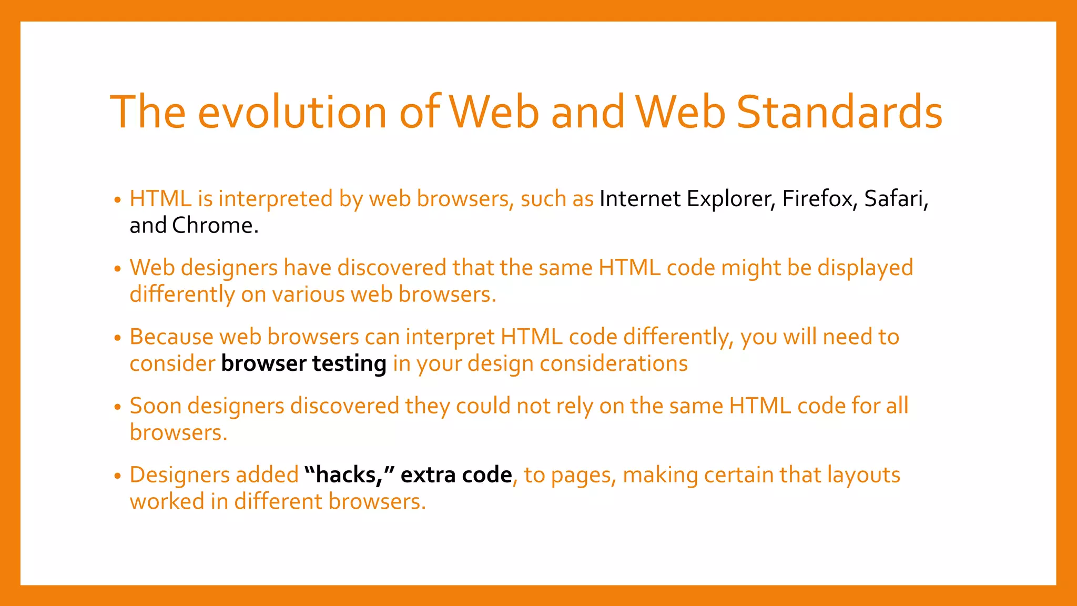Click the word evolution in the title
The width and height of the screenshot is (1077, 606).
292,112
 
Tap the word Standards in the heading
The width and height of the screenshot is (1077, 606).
839,112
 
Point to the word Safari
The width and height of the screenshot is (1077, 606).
896,199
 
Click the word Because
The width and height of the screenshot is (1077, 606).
171,337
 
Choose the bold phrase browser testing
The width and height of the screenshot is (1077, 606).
303,363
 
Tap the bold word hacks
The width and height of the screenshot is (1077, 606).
348,475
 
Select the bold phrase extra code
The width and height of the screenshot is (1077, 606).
456,475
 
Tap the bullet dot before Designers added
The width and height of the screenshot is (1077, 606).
118,476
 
